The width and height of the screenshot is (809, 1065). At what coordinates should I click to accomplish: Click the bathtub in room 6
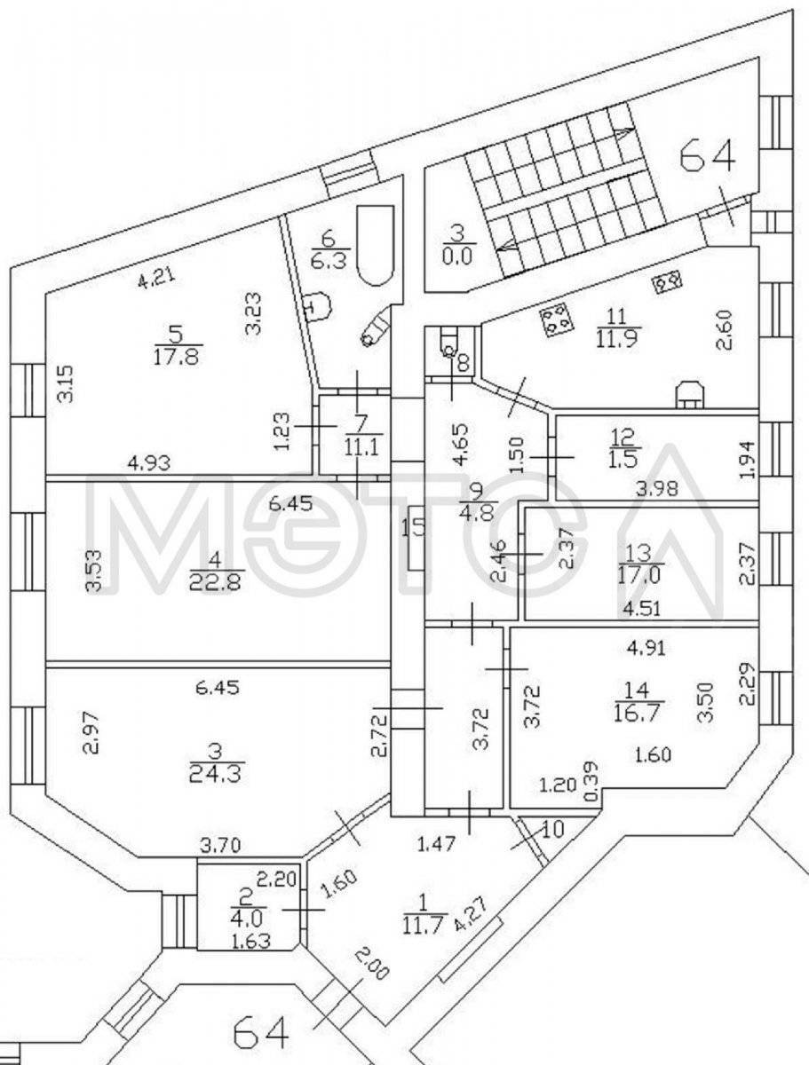click(x=375, y=246)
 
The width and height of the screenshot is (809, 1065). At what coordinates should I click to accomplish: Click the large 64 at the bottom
click(x=261, y=1032)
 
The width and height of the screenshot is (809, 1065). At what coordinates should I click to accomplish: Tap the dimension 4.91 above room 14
click(x=646, y=648)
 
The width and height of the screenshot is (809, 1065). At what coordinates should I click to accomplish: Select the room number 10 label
click(x=551, y=831)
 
